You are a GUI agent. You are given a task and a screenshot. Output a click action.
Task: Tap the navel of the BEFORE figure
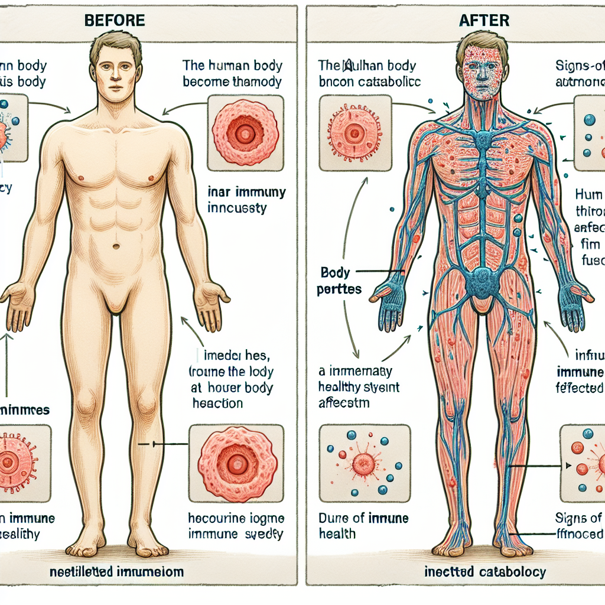coord(116,246)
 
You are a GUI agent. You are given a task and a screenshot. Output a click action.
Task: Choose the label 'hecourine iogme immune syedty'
coord(236,525)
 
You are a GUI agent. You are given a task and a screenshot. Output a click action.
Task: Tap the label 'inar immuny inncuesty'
coord(248,199)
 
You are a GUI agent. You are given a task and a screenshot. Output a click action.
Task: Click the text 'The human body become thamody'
coord(232,73)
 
